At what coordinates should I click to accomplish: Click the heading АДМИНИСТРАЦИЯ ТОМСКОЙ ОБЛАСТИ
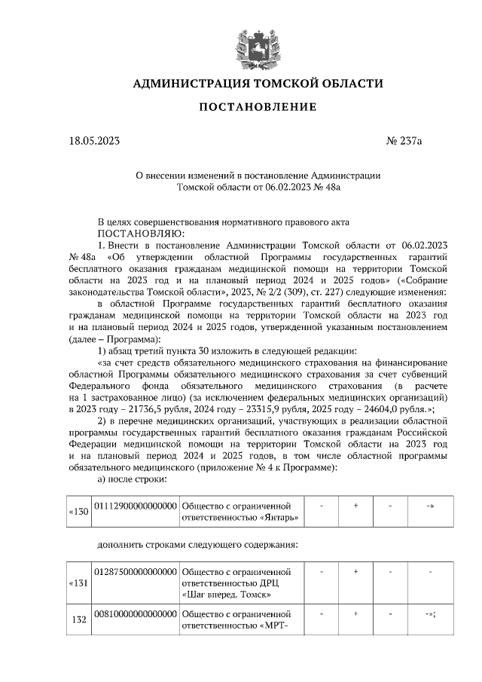coord(258,83)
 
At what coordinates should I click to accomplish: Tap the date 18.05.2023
coord(94,141)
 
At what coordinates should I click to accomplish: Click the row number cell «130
coord(78,512)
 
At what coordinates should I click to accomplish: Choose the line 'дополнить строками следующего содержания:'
coord(198,545)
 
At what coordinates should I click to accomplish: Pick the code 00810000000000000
coord(135,616)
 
